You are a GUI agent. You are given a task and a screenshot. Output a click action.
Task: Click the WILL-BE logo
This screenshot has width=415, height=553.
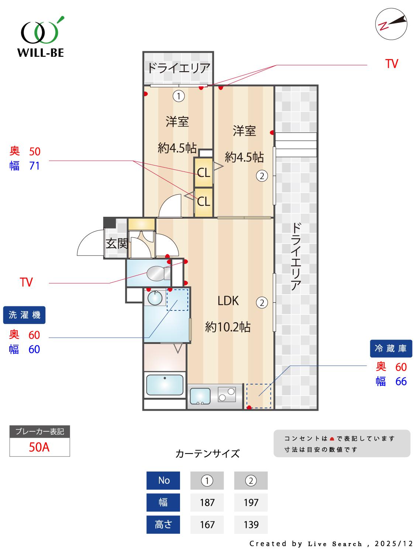[x=41, y=37]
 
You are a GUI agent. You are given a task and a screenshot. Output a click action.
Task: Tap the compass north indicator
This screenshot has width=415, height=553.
[x=391, y=25]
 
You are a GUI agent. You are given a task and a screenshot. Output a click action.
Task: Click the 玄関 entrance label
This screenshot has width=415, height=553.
[x=117, y=244]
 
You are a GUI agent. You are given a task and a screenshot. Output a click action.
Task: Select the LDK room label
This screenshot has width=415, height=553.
[x=228, y=301]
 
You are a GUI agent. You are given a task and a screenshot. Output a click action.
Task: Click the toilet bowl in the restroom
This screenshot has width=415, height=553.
[x=157, y=274]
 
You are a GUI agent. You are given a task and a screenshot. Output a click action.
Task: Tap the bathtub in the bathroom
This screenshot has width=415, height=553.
[x=165, y=385]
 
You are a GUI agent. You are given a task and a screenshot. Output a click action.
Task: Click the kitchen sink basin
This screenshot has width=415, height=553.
[x=200, y=397]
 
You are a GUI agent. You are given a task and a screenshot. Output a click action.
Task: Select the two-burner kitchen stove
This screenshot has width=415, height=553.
[x=227, y=394]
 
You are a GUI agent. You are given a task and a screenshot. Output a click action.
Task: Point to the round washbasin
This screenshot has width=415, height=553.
[x=155, y=298]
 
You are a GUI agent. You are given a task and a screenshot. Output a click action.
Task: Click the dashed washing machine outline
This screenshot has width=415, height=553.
[x=177, y=299]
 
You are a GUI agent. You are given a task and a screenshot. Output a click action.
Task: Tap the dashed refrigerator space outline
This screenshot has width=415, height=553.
[x=259, y=396]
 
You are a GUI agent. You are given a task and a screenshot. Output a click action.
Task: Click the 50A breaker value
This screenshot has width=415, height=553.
[x=39, y=447]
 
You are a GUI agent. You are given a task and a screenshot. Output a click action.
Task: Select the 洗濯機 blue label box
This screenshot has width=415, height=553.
[x=24, y=315]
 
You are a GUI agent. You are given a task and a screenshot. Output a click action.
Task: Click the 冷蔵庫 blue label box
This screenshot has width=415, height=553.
[x=391, y=348]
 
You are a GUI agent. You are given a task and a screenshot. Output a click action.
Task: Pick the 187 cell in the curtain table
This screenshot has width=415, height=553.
[x=207, y=502]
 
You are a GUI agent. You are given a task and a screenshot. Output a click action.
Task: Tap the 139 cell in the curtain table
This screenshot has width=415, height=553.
[x=251, y=524]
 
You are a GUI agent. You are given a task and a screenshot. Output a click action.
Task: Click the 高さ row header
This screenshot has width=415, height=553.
[x=163, y=524]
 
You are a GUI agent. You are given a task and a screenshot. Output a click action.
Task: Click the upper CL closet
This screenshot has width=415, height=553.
[x=203, y=173]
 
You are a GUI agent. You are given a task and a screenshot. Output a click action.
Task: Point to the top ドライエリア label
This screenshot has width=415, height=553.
[x=179, y=68]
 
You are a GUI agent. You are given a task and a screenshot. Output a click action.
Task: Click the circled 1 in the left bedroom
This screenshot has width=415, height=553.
[x=179, y=96]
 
